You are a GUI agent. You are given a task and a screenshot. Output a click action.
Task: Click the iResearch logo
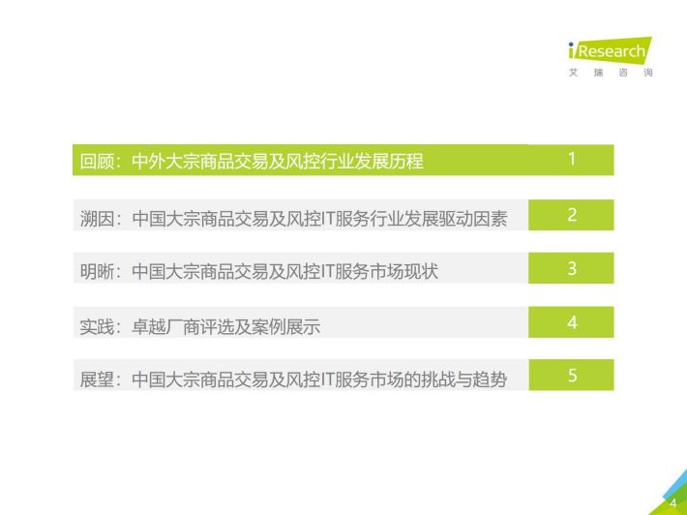(x=610, y=50)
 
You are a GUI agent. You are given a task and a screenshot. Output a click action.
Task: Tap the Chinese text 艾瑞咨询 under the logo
(x=611, y=73)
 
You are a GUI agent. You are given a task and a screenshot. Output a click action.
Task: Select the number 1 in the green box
(x=571, y=159)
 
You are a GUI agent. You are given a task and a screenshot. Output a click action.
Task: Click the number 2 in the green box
(x=572, y=214)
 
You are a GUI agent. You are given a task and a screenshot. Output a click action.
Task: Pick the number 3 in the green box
(x=572, y=268)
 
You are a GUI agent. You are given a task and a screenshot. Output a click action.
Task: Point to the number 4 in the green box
(x=572, y=322)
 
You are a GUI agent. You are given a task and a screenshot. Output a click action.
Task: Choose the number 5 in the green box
(x=572, y=376)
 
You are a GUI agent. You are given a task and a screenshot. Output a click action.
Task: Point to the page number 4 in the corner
(x=673, y=503)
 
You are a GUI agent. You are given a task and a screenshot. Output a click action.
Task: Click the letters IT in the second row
(x=327, y=218)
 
